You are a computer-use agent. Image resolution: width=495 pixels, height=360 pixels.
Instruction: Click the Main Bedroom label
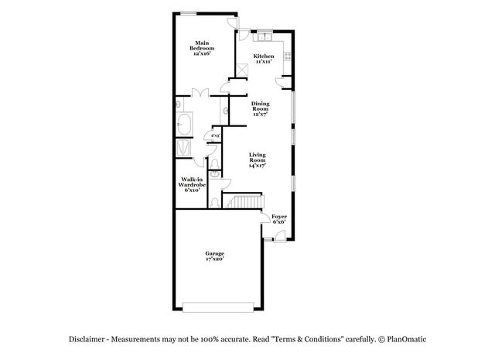point(202,46)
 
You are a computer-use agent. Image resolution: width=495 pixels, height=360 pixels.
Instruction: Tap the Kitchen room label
point(264,59)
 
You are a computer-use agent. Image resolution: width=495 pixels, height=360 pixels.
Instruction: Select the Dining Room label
point(260,109)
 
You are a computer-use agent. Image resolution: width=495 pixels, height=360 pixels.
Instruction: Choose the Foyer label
point(279,219)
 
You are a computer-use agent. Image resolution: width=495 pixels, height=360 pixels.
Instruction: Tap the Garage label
point(214,256)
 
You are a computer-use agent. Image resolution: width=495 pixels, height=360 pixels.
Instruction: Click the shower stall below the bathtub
point(185,148)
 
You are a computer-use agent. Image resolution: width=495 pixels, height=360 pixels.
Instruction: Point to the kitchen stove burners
point(288,56)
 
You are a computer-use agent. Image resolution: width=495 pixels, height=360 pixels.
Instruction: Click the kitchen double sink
point(263,36)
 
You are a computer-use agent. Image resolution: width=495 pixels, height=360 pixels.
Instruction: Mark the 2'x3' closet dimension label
point(207,135)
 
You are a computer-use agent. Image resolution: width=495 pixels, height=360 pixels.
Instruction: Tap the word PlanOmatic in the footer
point(410,339)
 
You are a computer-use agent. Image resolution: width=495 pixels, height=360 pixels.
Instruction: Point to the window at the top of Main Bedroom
point(188,12)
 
